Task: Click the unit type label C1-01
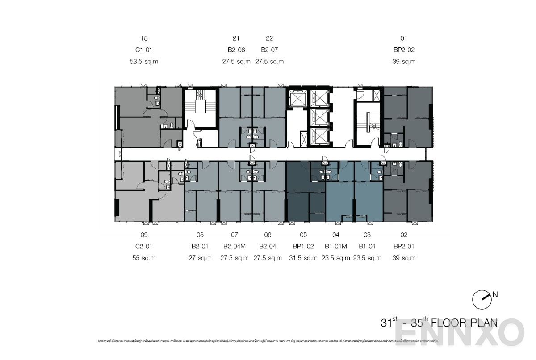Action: pyautogui.click(x=144, y=50)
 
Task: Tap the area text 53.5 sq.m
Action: pyautogui.click(x=144, y=62)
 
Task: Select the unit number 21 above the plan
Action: pyautogui.click(x=236, y=38)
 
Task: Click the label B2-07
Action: pyautogui.click(x=269, y=50)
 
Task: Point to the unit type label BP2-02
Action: pyautogui.click(x=404, y=50)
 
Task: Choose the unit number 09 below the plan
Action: pyautogui.click(x=144, y=234)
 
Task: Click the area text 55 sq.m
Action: pyautogui.click(x=144, y=258)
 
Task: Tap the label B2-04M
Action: pyautogui.click(x=234, y=246)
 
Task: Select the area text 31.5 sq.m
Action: pyautogui.click(x=303, y=258)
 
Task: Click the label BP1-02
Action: pyautogui.click(x=303, y=246)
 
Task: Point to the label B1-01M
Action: pyautogui.click(x=336, y=246)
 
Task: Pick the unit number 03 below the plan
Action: pyautogui.click(x=367, y=234)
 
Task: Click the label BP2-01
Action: pyautogui.click(x=404, y=246)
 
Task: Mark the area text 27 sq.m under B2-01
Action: pyautogui.click(x=200, y=258)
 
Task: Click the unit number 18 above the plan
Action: pyautogui.click(x=144, y=38)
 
